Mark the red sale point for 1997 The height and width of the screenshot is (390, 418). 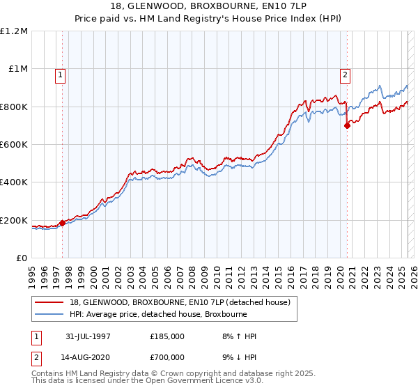pos(63,223)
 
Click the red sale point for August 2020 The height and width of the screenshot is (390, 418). pos(346,126)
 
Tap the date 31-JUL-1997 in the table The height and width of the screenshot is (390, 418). pos(91,337)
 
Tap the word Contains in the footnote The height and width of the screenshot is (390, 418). pos(47,374)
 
